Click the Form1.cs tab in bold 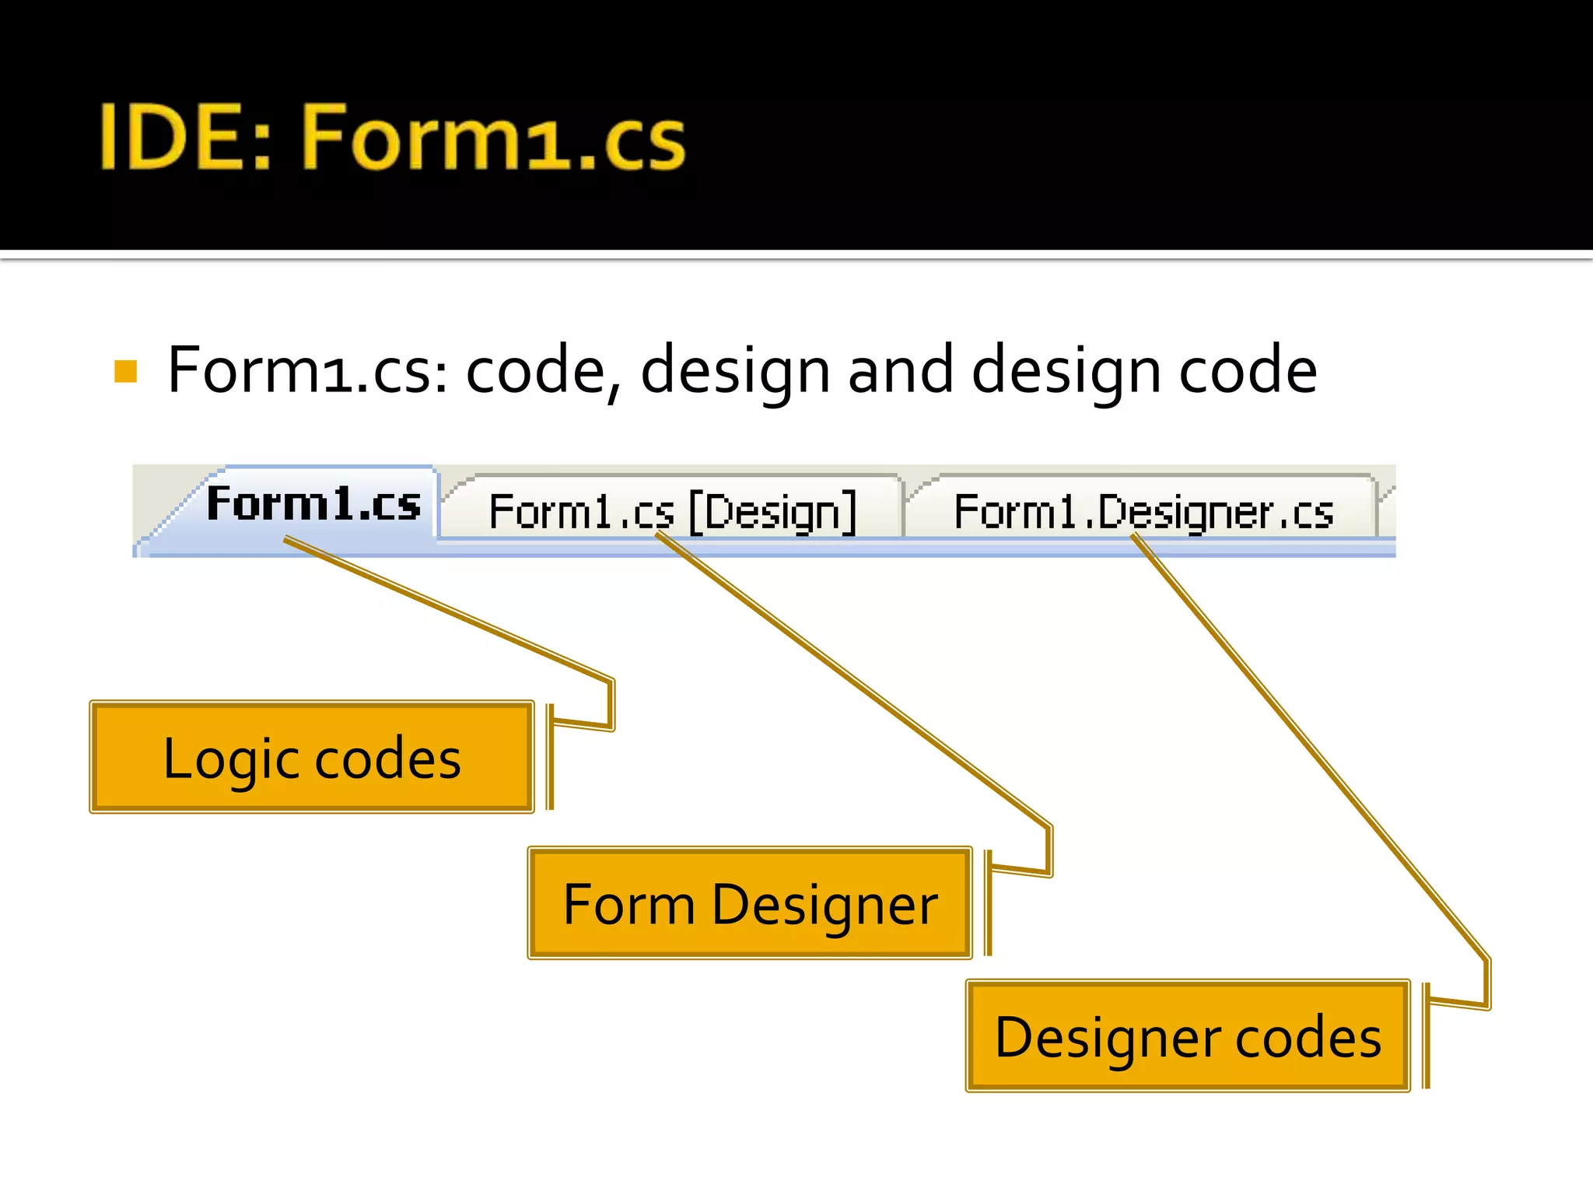[x=313, y=504]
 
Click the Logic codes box [x=312, y=758]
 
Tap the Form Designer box [x=750, y=904]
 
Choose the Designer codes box [x=1188, y=1036]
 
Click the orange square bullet [x=125, y=371]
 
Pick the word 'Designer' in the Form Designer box [x=825, y=906]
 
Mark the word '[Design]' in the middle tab [x=773, y=513]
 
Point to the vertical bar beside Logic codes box [x=550, y=757]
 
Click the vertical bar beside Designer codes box [x=1426, y=1036]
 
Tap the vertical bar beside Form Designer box [x=988, y=903]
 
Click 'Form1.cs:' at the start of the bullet [x=307, y=370]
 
